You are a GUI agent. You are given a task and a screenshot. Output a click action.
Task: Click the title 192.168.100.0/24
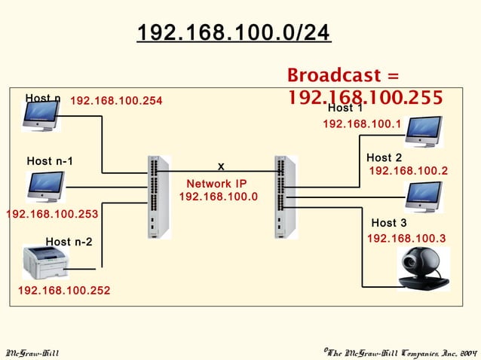pyautogui.click(x=234, y=34)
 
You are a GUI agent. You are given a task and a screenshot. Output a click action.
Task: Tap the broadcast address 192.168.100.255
pyautogui.click(x=365, y=98)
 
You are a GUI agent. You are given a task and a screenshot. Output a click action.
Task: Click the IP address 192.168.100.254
pyautogui.click(x=116, y=101)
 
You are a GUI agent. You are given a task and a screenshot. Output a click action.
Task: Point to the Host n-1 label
pyautogui.click(x=50, y=161)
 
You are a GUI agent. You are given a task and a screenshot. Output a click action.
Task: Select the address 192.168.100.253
pyautogui.click(x=52, y=215)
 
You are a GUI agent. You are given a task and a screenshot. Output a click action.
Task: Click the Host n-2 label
pyautogui.click(x=69, y=242)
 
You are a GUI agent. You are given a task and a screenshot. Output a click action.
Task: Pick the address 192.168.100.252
pyautogui.click(x=64, y=290)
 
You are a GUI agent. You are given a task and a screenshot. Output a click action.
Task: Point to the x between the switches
pyautogui.click(x=221, y=165)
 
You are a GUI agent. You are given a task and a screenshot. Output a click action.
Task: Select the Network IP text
pyautogui.click(x=217, y=183)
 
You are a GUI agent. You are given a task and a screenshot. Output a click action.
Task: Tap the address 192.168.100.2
pyautogui.click(x=408, y=172)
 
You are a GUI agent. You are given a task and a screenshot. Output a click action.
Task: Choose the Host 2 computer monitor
pyautogui.click(x=424, y=196)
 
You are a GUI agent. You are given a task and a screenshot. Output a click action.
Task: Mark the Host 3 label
pyautogui.click(x=389, y=223)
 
